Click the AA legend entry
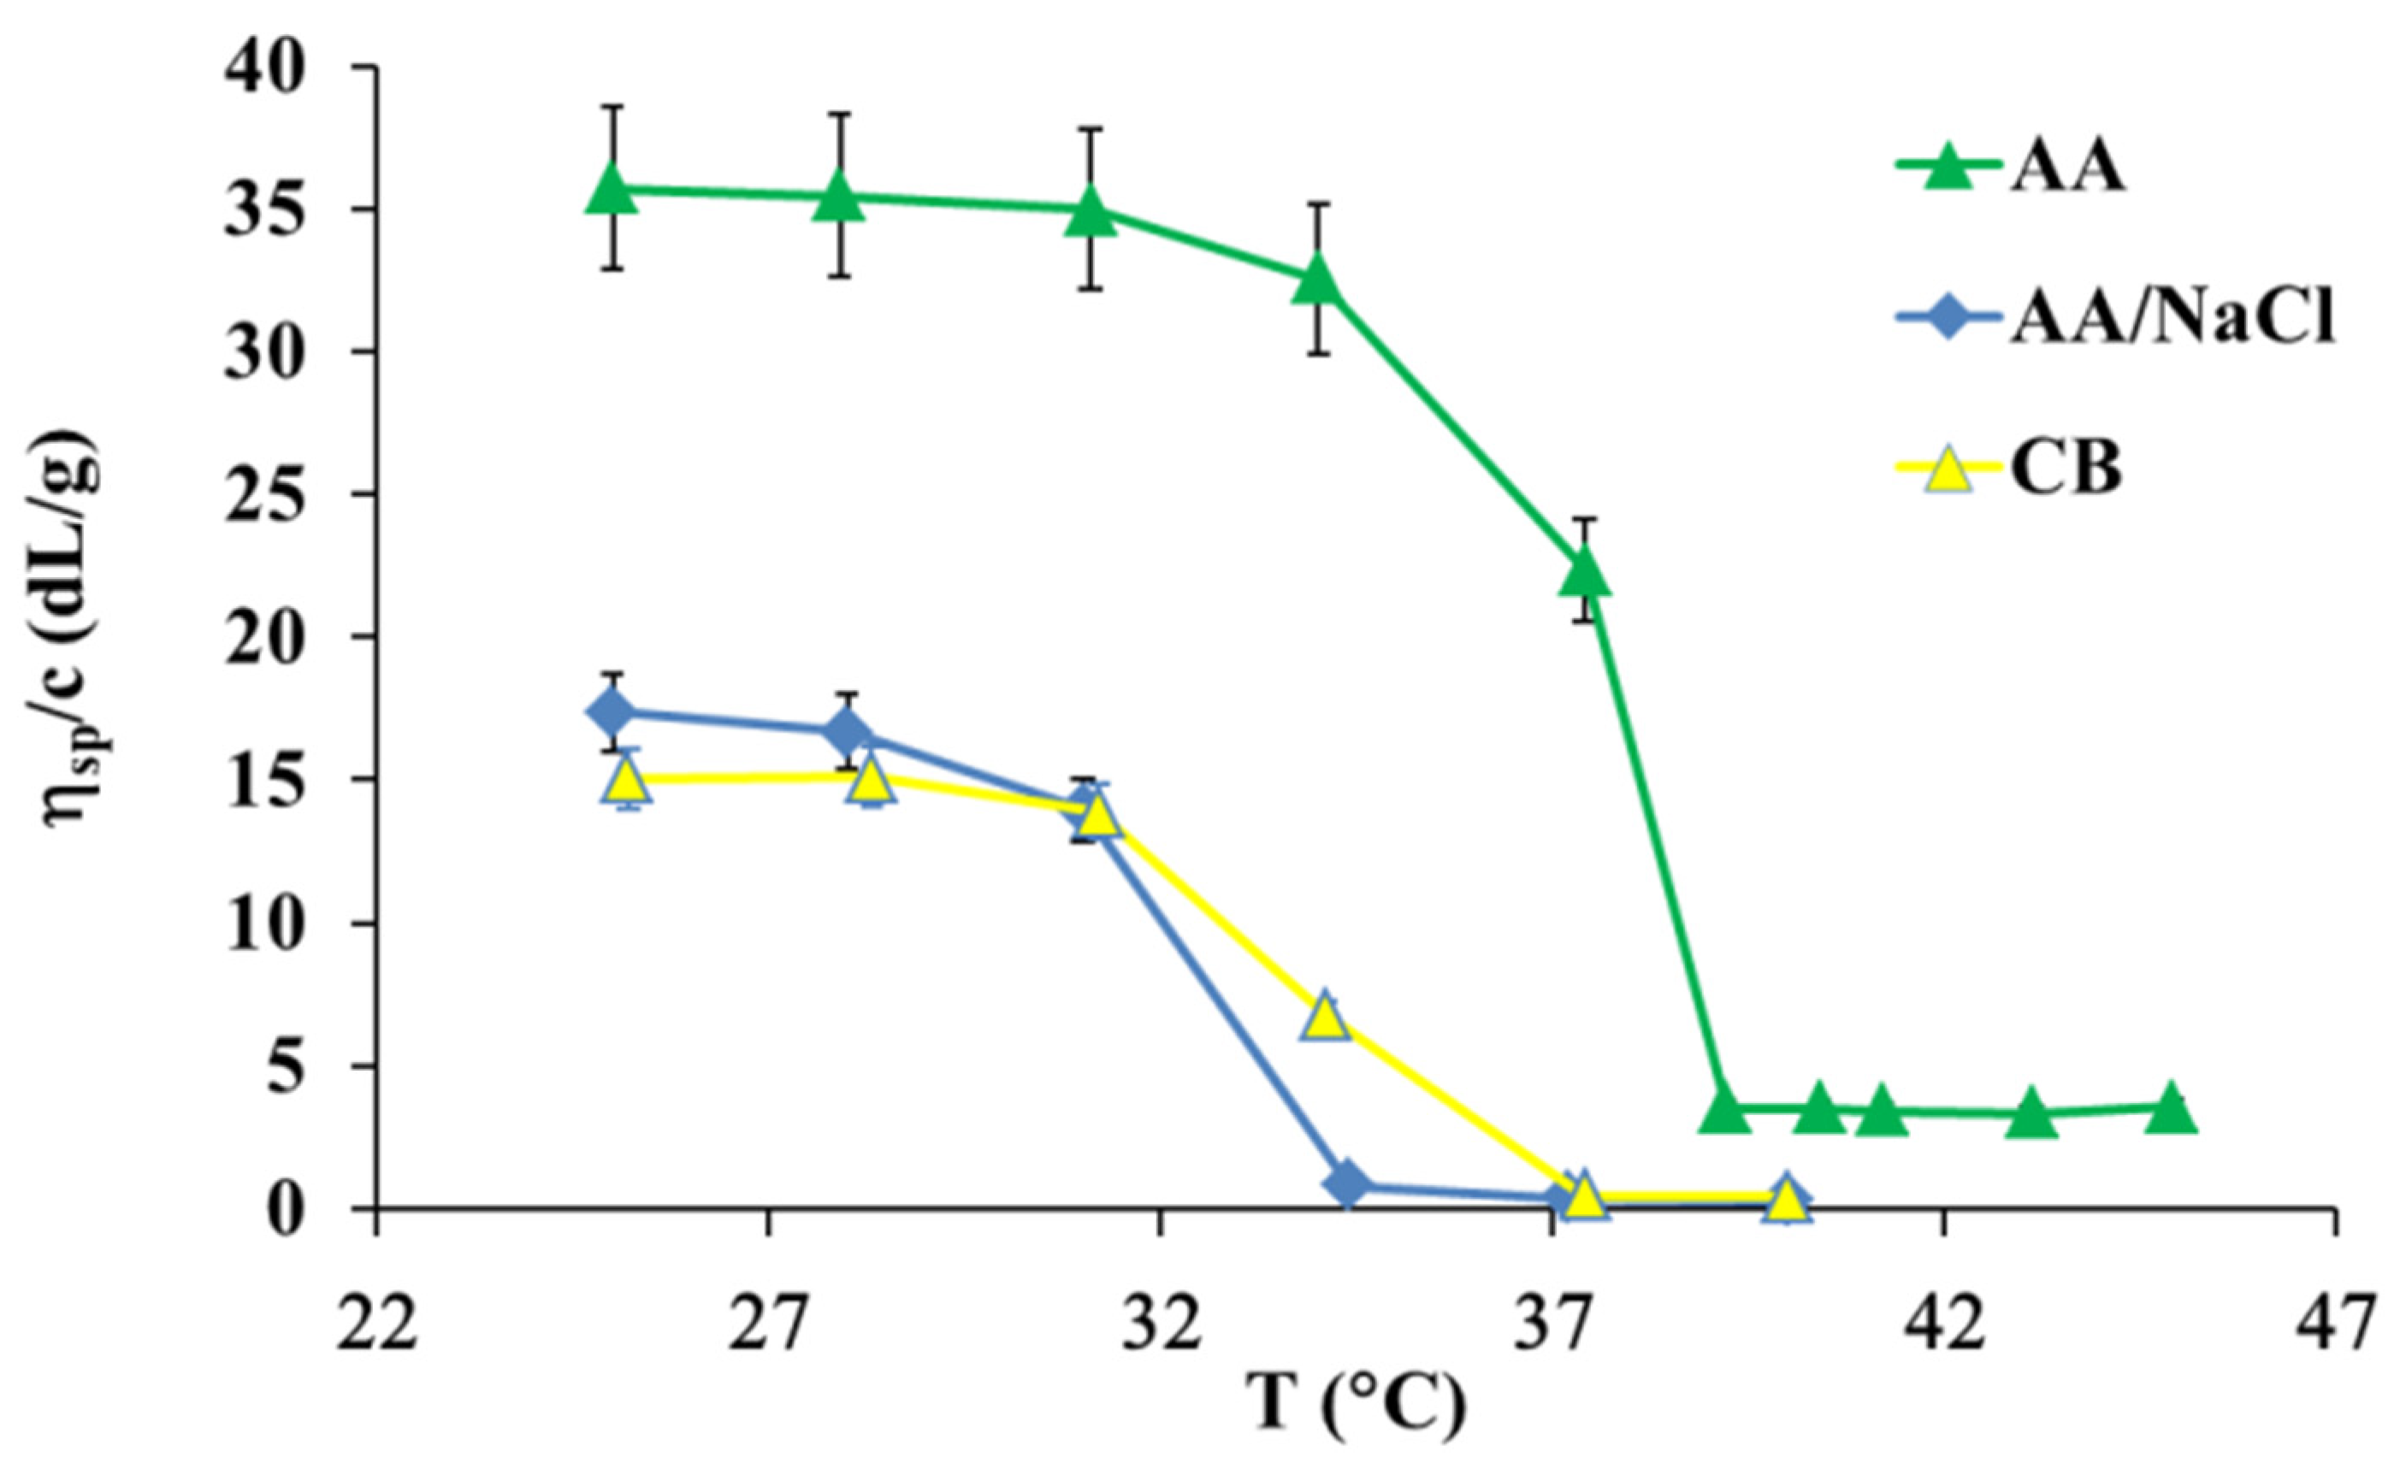[2060, 167]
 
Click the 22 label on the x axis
[377, 1325]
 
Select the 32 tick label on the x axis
[1160, 1325]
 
